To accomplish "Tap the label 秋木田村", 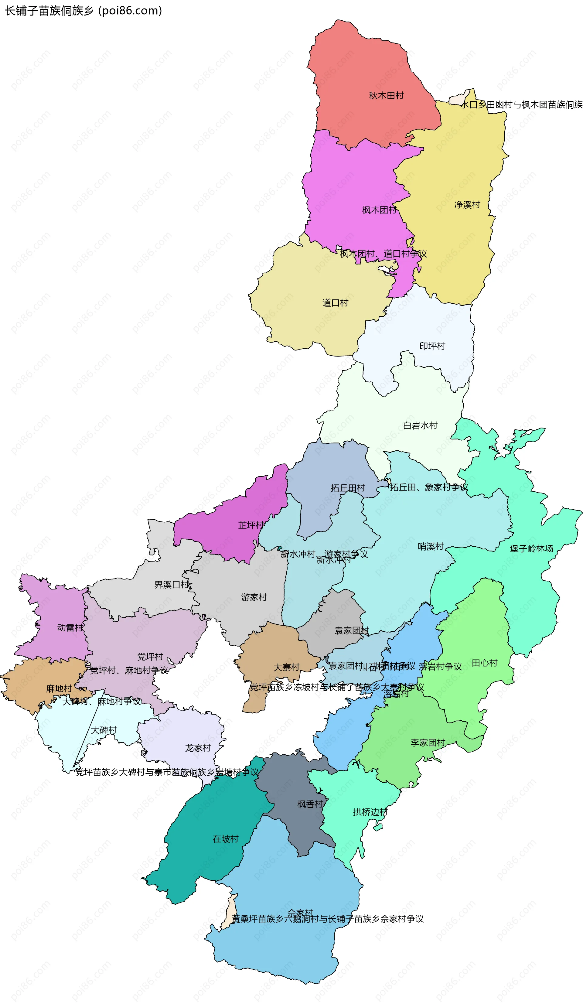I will click(x=386, y=96).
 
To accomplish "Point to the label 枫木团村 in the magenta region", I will click(x=379, y=210).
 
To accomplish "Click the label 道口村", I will click(x=335, y=303).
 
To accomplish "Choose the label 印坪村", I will click(x=432, y=346).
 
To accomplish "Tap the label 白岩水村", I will click(x=420, y=425).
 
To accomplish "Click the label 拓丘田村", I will click(x=348, y=488).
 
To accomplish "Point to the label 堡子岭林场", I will click(x=531, y=548).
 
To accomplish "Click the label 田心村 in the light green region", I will click(x=484, y=663).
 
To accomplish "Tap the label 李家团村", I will click(x=428, y=743).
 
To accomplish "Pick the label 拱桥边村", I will click(x=370, y=812).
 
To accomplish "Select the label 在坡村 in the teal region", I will click(x=225, y=839).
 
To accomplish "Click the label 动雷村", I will click(x=70, y=628).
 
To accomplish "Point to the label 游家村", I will click(x=254, y=597).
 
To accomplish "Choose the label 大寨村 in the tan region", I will click(x=286, y=667).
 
